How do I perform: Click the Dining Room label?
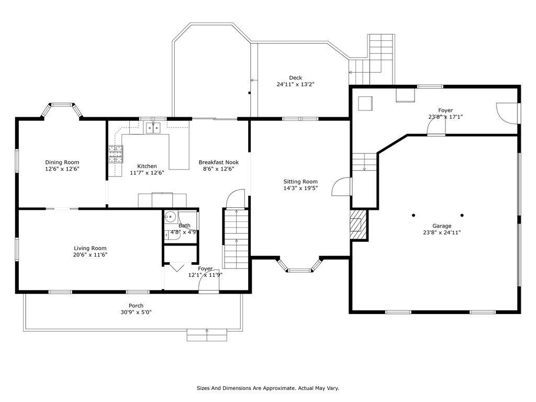pos(62,162)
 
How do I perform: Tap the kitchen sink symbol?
pos(153,128)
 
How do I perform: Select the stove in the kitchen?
pos(116,154)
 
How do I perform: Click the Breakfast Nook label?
pos(219,162)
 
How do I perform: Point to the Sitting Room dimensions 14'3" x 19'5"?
pos(301,188)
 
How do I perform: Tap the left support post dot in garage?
pos(414,215)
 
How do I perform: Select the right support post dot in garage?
pos(462,215)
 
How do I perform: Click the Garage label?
pos(442,226)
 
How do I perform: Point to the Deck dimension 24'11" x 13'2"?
pos(295,84)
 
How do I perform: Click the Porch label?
pos(136,306)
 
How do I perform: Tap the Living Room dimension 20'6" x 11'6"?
pos(90,255)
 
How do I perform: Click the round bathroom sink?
pos(170,216)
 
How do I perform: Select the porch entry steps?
pos(207,335)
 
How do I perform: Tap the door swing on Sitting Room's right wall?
pos(341,187)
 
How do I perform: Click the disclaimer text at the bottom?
pos(268,388)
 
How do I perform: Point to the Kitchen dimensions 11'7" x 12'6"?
pos(147,173)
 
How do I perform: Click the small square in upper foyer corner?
pos(365,104)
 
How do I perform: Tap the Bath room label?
pos(184,226)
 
